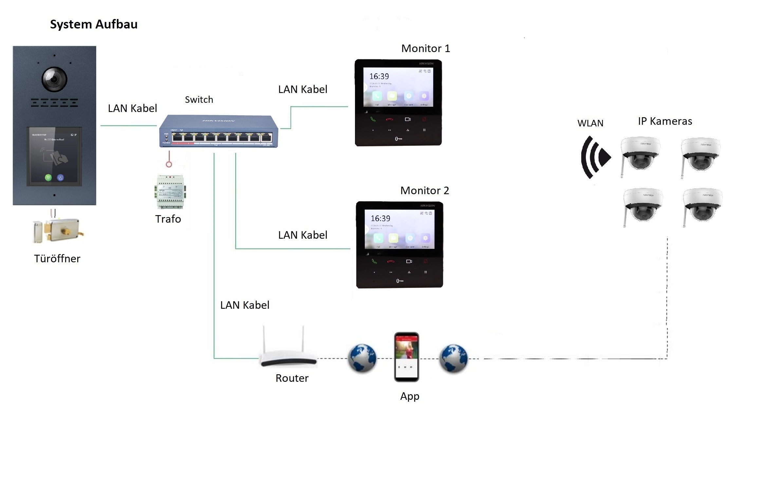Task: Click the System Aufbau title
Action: pos(94,25)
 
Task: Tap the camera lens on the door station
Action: pos(54,79)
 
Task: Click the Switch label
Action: pos(199,100)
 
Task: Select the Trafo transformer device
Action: pos(170,192)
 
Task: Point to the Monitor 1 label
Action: pos(425,48)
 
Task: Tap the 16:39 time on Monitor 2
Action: pos(380,218)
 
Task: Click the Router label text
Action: pos(292,378)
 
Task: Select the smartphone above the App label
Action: pos(406,357)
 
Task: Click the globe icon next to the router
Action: pos(362,358)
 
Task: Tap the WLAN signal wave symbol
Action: pos(594,157)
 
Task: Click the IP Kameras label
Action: pos(665,121)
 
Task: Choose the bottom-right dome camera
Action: pos(702,205)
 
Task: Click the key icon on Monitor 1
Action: pos(399,139)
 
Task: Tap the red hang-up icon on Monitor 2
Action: pos(391,262)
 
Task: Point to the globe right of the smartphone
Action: pos(454,358)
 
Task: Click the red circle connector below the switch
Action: pos(169,164)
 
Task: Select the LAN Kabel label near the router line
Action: pos(245,305)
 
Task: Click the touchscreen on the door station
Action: pos(54,157)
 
